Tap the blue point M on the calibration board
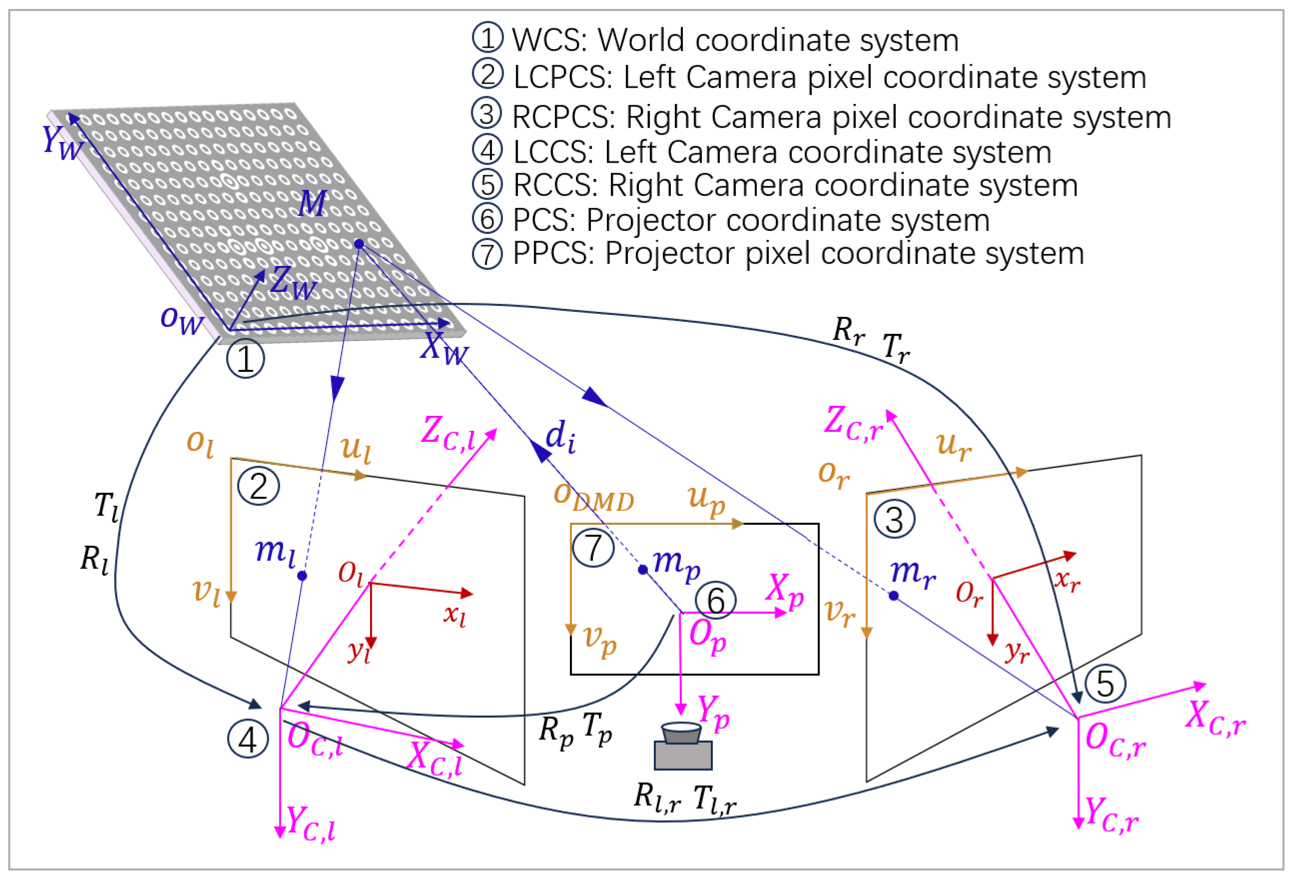(x=359, y=244)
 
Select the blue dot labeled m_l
(x=302, y=576)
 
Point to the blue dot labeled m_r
(x=893, y=596)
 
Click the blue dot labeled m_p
(x=643, y=570)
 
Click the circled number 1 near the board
(x=245, y=358)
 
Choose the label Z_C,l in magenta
(x=448, y=433)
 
